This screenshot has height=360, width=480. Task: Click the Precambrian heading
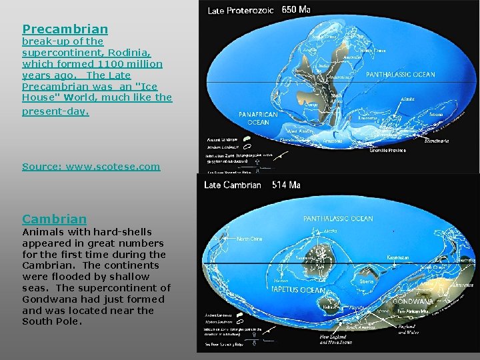65,29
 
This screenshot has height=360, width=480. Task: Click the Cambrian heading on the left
54,219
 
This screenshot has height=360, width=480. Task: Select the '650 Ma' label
296,10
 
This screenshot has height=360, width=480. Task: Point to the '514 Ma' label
287,185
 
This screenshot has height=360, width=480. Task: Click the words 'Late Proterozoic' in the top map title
241,11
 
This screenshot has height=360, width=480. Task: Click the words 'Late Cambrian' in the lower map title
233,185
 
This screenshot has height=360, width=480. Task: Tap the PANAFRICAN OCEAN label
258,118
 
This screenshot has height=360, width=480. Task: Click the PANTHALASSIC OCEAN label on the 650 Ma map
400,75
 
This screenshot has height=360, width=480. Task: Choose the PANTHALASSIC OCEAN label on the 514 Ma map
338,219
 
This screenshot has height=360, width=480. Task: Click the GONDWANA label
413,301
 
